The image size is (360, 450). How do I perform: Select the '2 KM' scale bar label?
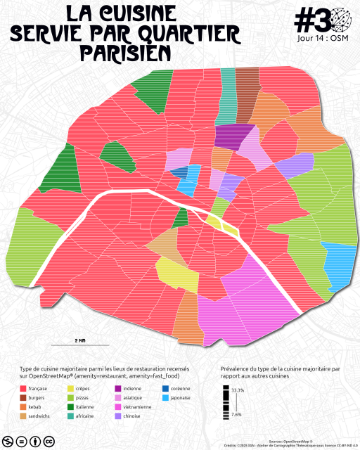(79, 340)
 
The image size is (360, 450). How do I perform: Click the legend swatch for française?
(25, 389)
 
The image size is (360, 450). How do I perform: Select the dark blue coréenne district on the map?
(179, 172)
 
